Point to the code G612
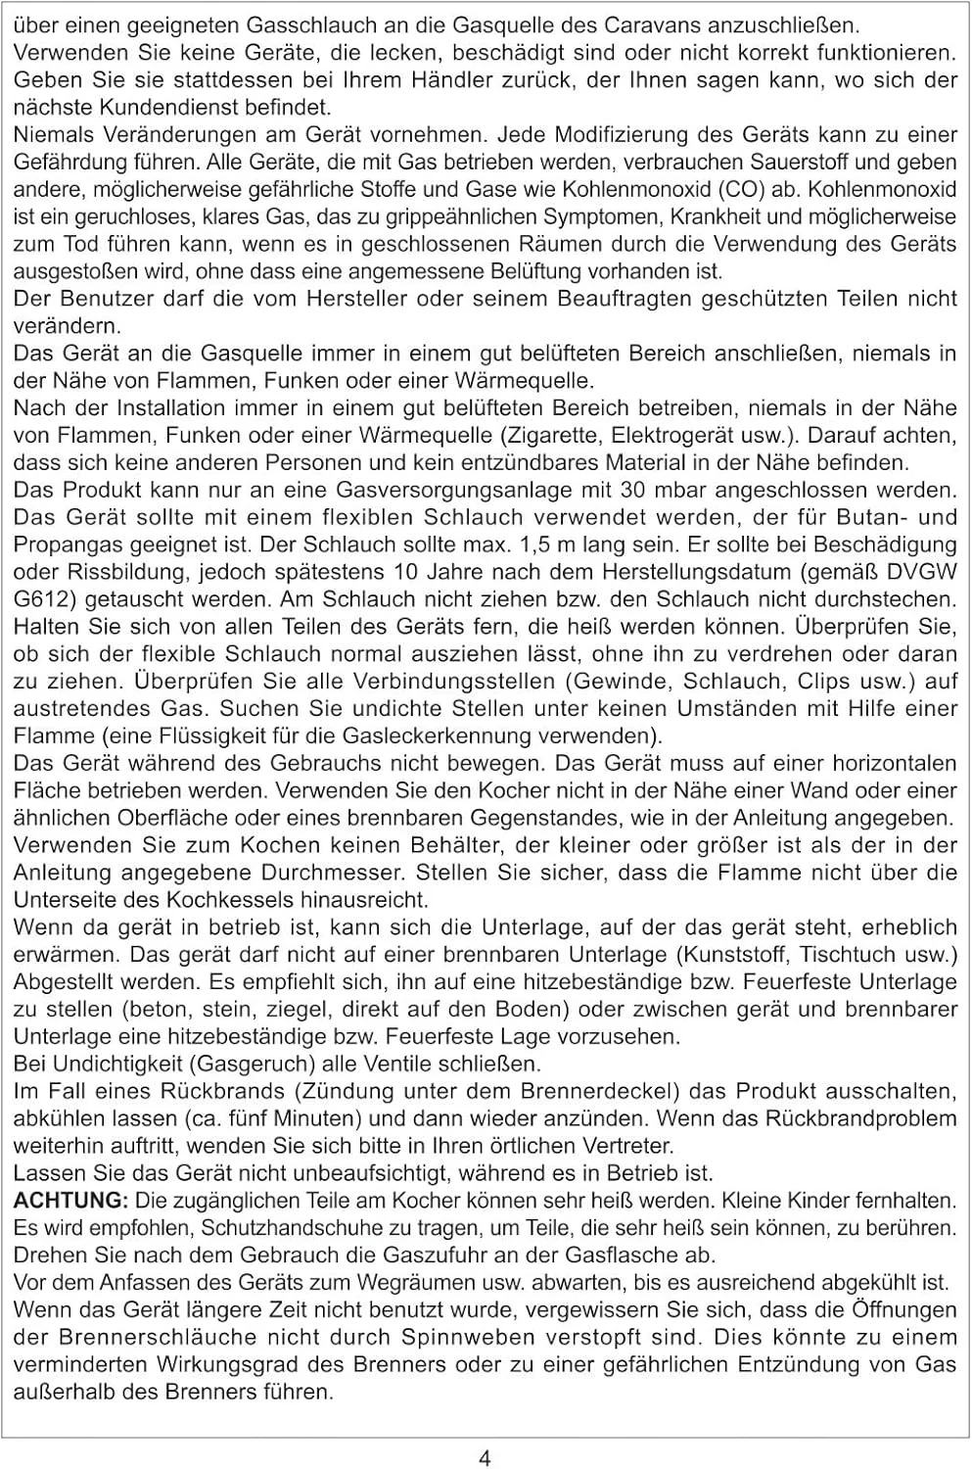pos(37,599)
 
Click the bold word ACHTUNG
pos(70,1200)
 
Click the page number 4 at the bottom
pos(485,1458)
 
